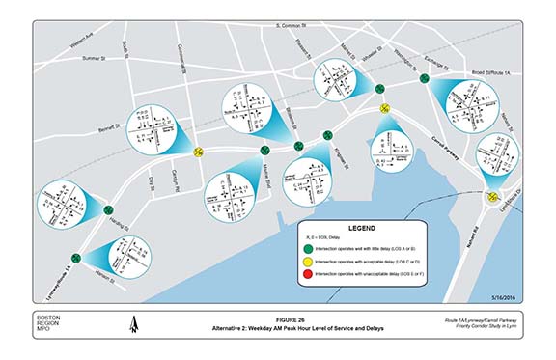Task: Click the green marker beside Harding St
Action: coord(108,208)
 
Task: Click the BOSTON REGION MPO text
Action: coord(47,326)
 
